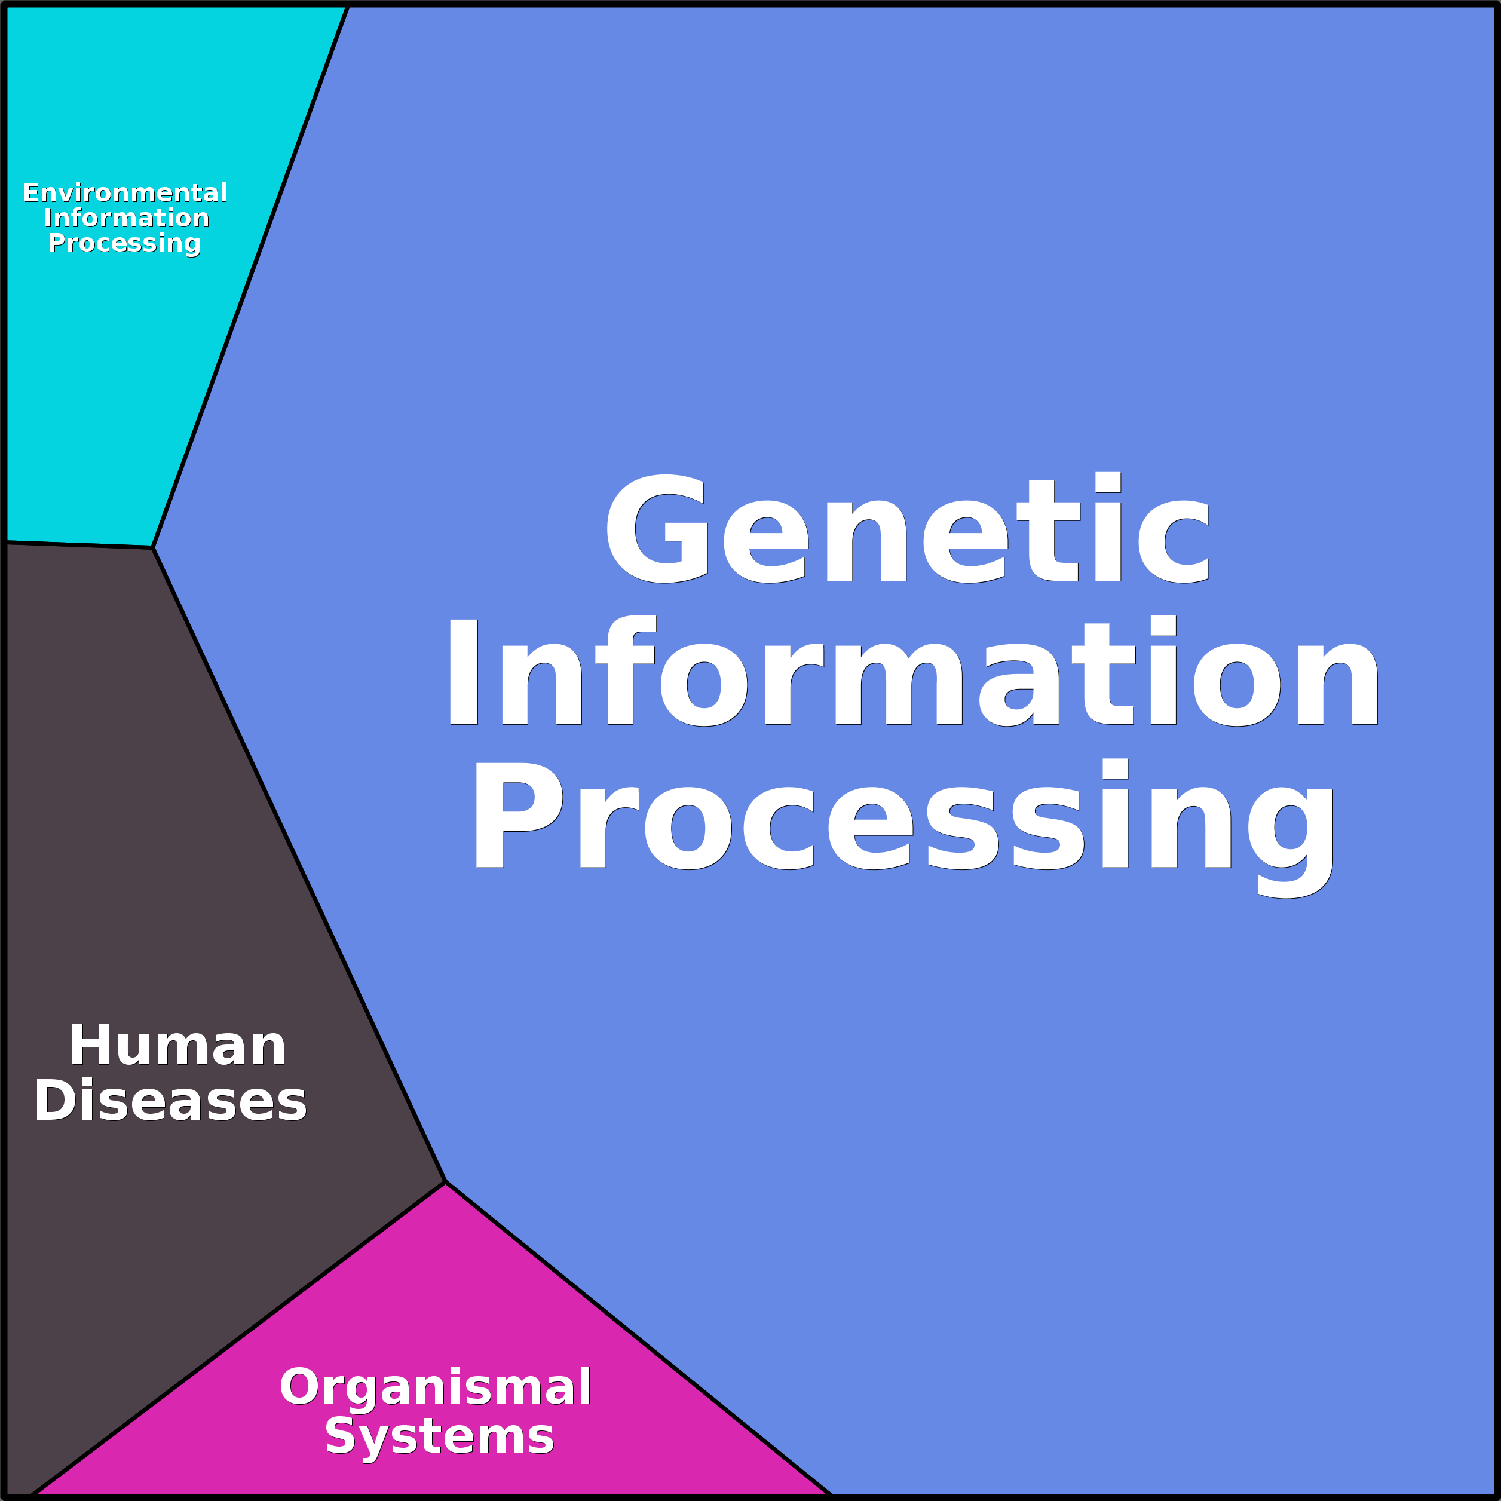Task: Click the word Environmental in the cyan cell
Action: click(x=125, y=192)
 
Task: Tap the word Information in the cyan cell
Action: click(x=127, y=218)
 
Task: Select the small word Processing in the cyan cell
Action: click(x=124, y=243)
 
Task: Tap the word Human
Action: click(x=178, y=1046)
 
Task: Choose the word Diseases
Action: click(x=171, y=1101)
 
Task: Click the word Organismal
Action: click(x=435, y=1387)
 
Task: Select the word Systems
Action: click(x=440, y=1436)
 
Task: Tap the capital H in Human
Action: click(x=90, y=1045)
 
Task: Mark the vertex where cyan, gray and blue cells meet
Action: click(x=153, y=548)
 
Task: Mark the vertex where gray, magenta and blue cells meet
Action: click(x=445, y=1183)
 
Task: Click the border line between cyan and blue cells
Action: click(x=250, y=276)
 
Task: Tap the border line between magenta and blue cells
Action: click(x=639, y=1340)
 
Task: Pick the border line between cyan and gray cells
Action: click(x=78, y=544)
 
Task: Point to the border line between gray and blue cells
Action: click(x=299, y=865)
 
